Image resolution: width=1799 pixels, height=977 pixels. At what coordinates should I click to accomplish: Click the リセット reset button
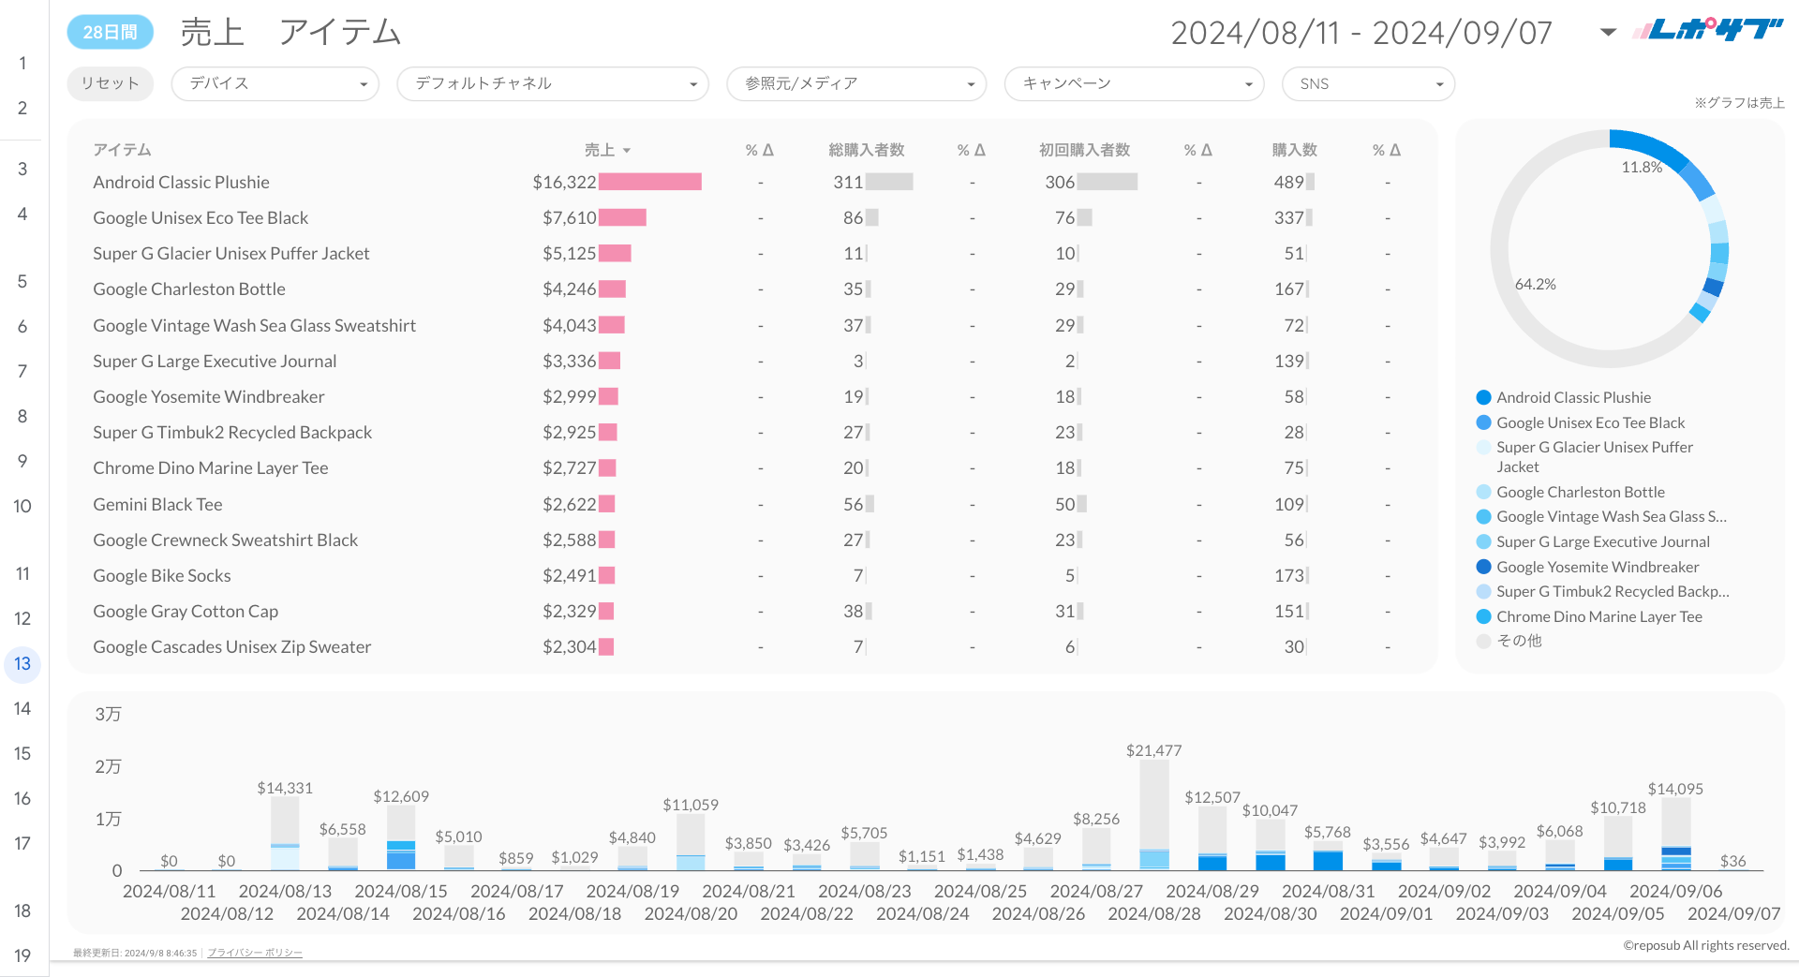pyautogui.click(x=110, y=83)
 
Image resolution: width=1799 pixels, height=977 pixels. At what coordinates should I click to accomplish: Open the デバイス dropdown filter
pyautogui.click(x=275, y=83)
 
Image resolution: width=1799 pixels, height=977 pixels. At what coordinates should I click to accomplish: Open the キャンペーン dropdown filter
pyautogui.click(x=1134, y=83)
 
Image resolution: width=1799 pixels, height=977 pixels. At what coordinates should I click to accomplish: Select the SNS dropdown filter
pyautogui.click(x=1368, y=83)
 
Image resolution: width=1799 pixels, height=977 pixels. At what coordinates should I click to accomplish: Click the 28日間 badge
pyautogui.click(x=110, y=32)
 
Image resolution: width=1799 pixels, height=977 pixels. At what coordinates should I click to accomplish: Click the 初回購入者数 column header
pyautogui.click(x=1084, y=150)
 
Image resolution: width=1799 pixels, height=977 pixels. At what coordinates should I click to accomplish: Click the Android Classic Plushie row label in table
pyautogui.click(x=181, y=183)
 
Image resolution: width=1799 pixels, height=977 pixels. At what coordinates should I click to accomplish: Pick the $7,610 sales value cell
pyautogui.click(x=569, y=218)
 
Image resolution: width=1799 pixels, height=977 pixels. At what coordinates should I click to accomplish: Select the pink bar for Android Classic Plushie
pyautogui.click(x=649, y=182)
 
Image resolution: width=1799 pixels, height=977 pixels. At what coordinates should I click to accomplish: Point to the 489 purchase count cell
pyautogui.click(x=1288, y=183)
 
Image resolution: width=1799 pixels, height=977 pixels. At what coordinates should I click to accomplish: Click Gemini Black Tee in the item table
pyautogui.click(x=157, y=505)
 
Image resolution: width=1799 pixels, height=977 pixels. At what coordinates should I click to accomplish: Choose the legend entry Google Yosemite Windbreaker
pyautogui.click(x=1597, y=567)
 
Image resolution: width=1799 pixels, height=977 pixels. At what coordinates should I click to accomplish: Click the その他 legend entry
pyautogui.click(x=1518, y=641)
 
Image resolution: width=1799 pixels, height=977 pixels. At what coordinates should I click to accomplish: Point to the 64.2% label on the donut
pyautogui.click(x=1535, y=284)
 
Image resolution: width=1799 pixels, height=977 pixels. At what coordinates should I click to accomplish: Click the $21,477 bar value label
pyautogui.click(x=1153, y=750)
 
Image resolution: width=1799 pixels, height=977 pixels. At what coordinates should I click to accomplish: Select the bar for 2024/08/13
pyautogui.click(x=285, y=833)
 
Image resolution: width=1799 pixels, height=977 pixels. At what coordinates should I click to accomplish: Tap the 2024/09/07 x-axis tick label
pyautogui.click(x=1733, y=913)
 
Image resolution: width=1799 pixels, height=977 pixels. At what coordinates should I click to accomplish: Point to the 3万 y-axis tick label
pyautogui.click(x=108, y=714)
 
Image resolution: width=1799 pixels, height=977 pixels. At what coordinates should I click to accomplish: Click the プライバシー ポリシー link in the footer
pyautogui.click(x=254, y=953)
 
